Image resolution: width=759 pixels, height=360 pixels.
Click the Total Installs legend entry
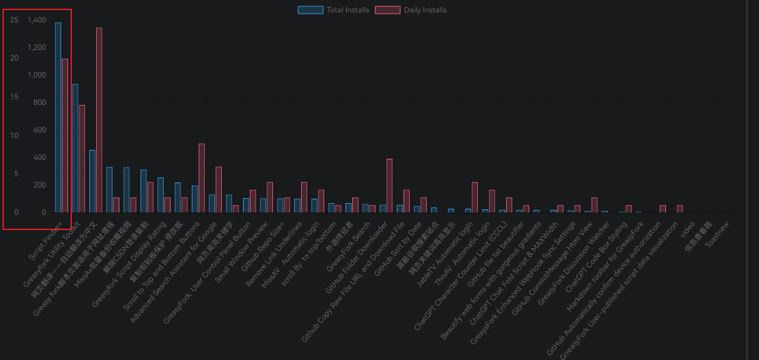pos(334,10)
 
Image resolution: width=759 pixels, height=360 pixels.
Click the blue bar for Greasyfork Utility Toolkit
pos(76,148)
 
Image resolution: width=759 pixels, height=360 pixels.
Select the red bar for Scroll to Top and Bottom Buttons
pos(202,178)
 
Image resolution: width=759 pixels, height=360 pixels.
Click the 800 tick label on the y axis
pos(39,102)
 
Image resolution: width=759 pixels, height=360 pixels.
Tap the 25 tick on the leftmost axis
pos(14,20)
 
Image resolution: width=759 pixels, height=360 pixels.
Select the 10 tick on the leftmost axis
pos(14,136)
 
